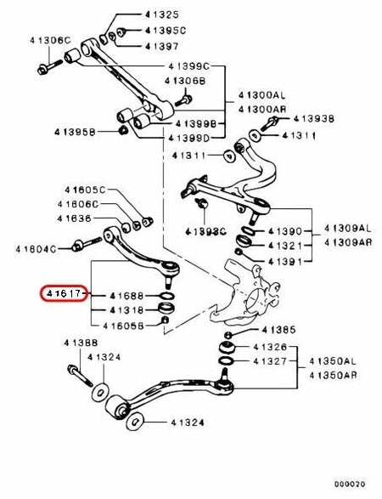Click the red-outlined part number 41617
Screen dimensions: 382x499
[64, 293]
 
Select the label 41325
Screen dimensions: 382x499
[162, 14]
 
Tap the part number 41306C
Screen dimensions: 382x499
[50, 41]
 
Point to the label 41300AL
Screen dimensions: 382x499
[261, 95]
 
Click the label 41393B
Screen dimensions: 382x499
[313, 119]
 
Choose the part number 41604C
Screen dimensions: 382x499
[36, 249]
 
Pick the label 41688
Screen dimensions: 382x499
[126, 296]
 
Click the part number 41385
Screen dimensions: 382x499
[278, 330]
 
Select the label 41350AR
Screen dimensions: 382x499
[333, 375]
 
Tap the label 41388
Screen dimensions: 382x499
[81, 343]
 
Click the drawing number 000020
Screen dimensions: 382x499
[350, 484]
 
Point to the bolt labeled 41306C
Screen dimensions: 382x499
[50, 67]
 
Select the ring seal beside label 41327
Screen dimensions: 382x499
[226, 361]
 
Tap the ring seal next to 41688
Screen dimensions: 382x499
[167, 296]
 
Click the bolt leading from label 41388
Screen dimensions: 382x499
[80, 376]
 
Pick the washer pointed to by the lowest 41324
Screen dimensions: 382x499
[135, 422]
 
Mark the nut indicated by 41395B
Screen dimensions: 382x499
[122, 130]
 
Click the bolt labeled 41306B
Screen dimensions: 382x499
[183, 100]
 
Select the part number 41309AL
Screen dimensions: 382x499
[348, 228]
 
